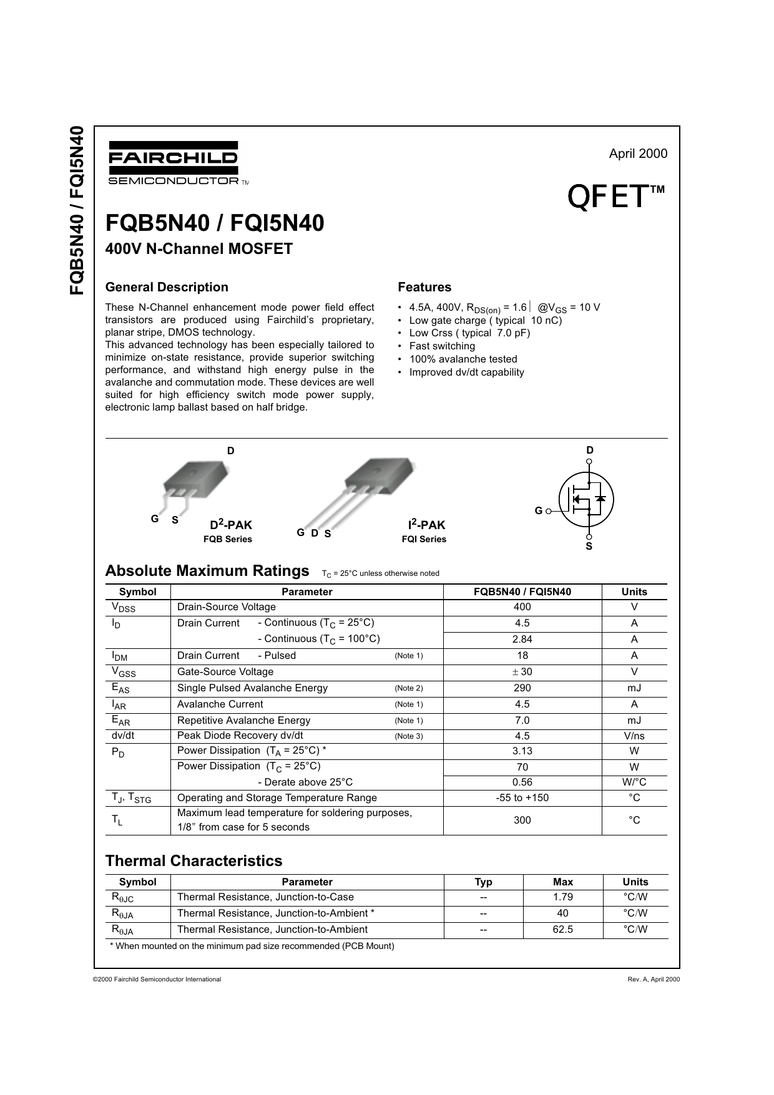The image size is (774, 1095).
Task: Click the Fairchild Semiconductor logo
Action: tap(173, 162)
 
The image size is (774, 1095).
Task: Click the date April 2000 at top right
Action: tap(638, 153)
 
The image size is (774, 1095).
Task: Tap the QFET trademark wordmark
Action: tap(615, 197)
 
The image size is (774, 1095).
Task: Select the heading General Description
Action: tap(167, 287)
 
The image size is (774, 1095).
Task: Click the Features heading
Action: tap(424, 287)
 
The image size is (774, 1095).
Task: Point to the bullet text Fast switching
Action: tap(442, 346)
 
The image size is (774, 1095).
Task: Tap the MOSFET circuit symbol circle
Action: tap(587, 499)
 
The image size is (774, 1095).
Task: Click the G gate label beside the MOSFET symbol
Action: tap(538, 511)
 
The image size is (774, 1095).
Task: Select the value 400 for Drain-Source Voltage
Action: tap(522, 607)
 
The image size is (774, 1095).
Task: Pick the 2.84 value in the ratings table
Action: tap(522, 640)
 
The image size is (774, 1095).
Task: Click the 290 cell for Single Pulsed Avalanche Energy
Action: tap(522, 688)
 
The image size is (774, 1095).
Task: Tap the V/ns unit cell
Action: tap(634, 736)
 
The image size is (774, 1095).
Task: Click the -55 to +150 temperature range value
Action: tap(522, 798)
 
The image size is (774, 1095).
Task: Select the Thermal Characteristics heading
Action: tap(193, 861)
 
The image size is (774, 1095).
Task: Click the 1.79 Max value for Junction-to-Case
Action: tap(563, 897)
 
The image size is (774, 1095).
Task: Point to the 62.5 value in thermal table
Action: tap(563, 930)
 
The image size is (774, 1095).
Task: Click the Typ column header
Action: tap(483, 882)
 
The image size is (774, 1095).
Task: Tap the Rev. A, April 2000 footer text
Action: tap(654, 980)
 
